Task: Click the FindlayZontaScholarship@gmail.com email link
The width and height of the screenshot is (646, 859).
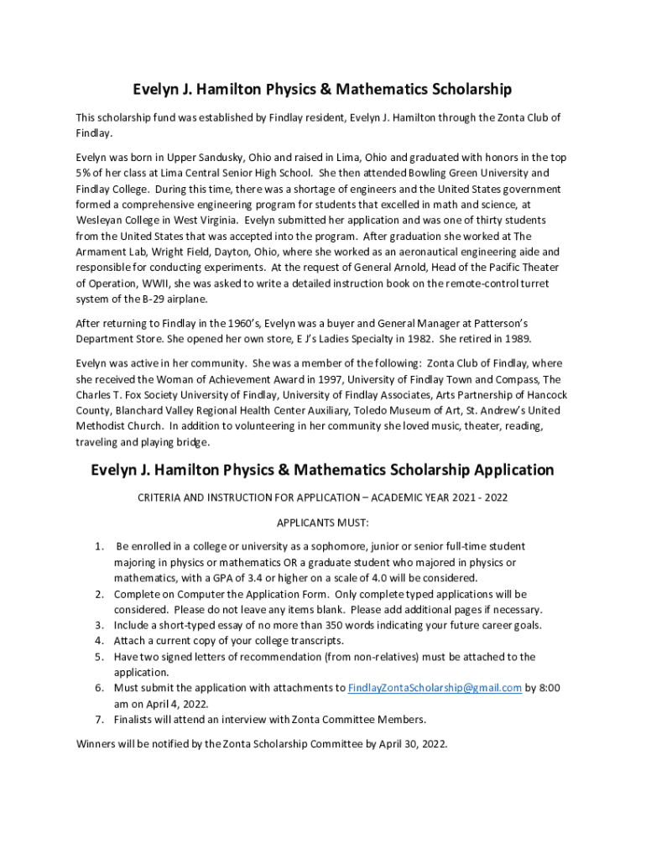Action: [x=435, y=688]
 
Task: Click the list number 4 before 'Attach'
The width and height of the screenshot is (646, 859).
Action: [x=99, y=640]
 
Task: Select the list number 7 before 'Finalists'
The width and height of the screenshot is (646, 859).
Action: [x=99, y=719]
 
